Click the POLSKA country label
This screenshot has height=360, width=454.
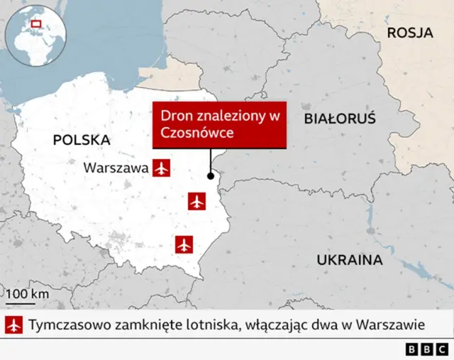pyautogui.click(x=82, y=140)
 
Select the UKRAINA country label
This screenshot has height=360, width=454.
pyautogui.click(x=350, y=258)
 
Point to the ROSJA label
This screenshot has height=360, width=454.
pyautogui.click(x=410, y=33)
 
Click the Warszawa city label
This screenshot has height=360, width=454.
pyautogui.click(x=116, y=168)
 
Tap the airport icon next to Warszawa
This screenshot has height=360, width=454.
pyautogui.click(x=162, y=168)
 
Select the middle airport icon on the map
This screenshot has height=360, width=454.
pyautogui.click(x=197, y=202)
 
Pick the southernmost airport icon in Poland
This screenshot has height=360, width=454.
pyautogui.click(x=185, y=244)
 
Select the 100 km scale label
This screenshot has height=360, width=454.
pyautogui.click(x=28, y=293)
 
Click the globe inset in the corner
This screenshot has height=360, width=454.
pyautogui.click(x=35, y=35)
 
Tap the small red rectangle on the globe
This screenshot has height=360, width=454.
pyautogui.click(x=36, y=24)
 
